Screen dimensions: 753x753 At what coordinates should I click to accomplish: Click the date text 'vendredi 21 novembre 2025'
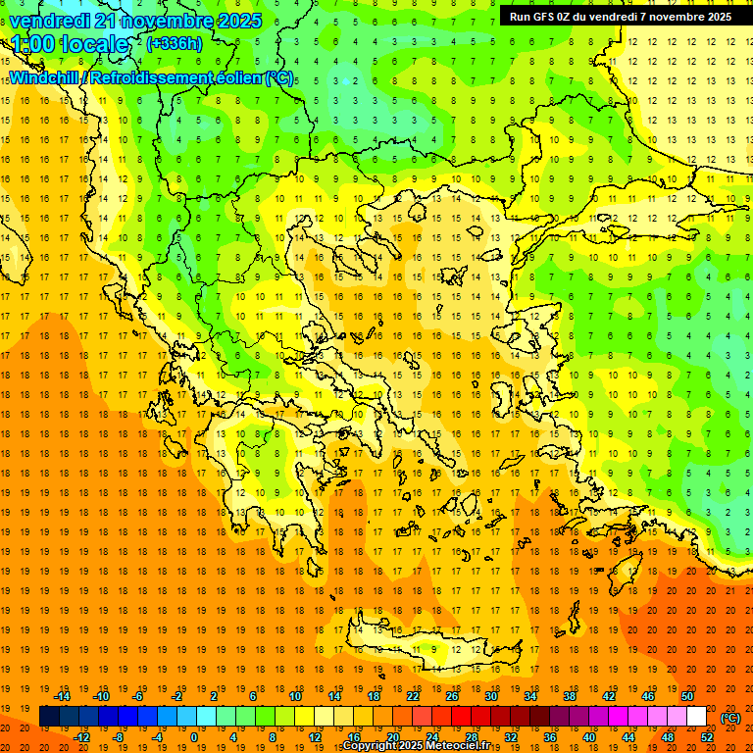pyautogui.click(x=135, y=21)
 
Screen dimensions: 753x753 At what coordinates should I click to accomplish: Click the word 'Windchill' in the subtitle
pyautogui.click(x=45, y=78)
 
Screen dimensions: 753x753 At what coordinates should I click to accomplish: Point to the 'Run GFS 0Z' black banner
pyautogui.click(x=620, y=17)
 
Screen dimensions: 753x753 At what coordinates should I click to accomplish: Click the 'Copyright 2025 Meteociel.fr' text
pyautogui.click(x=416, y=746)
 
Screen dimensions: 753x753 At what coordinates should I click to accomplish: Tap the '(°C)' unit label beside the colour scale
pyautogui.click(x=729, y=718)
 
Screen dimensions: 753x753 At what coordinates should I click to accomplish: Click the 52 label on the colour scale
pyautogui.click(x=707, y=737)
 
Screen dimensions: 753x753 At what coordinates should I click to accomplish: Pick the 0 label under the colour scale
pyautogui.click(x=193, y=737)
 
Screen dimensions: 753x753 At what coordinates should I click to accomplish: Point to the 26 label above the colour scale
pyautogui.click(x=452, y=696)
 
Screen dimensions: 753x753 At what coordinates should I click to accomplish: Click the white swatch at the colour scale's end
pyautogui.click(x=696, y=717)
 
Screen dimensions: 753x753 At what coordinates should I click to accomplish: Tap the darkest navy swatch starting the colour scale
pyautogui.click(x=49, y=717)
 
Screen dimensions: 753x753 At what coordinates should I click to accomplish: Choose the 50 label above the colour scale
pyautogui.click(x=687, y=696)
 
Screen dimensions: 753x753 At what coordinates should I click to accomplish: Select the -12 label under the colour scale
pyautogui.click(x=81, y=737)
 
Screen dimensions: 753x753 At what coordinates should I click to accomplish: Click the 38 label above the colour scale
pyautogui.click(x=570, y=696)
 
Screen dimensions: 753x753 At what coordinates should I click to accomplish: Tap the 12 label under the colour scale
pyautogui.click(x=315, y=737)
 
